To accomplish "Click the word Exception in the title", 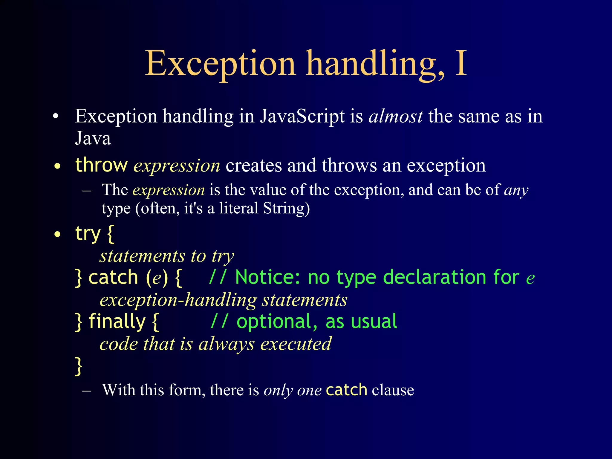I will tap(220, 63).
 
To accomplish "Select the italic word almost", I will tap(396, 116).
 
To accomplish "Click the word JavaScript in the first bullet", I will tap(302, 116).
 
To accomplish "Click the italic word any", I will tap(516, 190).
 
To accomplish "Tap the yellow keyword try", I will tap(88, 233).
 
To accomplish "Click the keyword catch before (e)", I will tap(113, 277).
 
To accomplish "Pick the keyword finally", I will tap(117, 321).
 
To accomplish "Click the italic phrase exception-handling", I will tap(178, 300).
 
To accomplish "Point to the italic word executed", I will tap(296, 344).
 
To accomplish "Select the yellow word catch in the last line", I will tap(346, 390).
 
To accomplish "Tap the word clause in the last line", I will tap(393, 390).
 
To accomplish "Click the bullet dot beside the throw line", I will tap(58, 166).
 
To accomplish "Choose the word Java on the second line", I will tap(93, 138).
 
